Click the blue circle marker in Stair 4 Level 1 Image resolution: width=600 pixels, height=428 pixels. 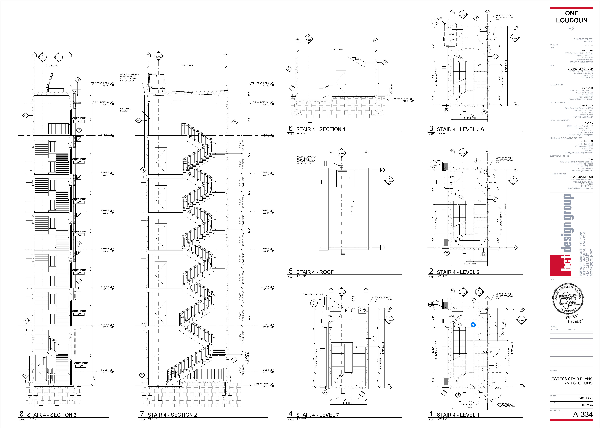click(473, 325)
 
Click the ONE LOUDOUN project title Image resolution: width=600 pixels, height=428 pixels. click(571, 17)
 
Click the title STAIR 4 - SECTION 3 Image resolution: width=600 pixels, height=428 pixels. click(52, 415)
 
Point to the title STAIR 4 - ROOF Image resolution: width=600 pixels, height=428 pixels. click(315, 272)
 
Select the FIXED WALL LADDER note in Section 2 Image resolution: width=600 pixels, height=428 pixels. click(126, 110)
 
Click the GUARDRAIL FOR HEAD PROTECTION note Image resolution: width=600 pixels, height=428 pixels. click(506, 405)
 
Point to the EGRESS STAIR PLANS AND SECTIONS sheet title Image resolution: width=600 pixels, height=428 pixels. click(571, 381)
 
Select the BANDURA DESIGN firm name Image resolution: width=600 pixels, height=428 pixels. click(581, 177)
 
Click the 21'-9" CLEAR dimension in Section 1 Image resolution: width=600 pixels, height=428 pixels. click(337, 50)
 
